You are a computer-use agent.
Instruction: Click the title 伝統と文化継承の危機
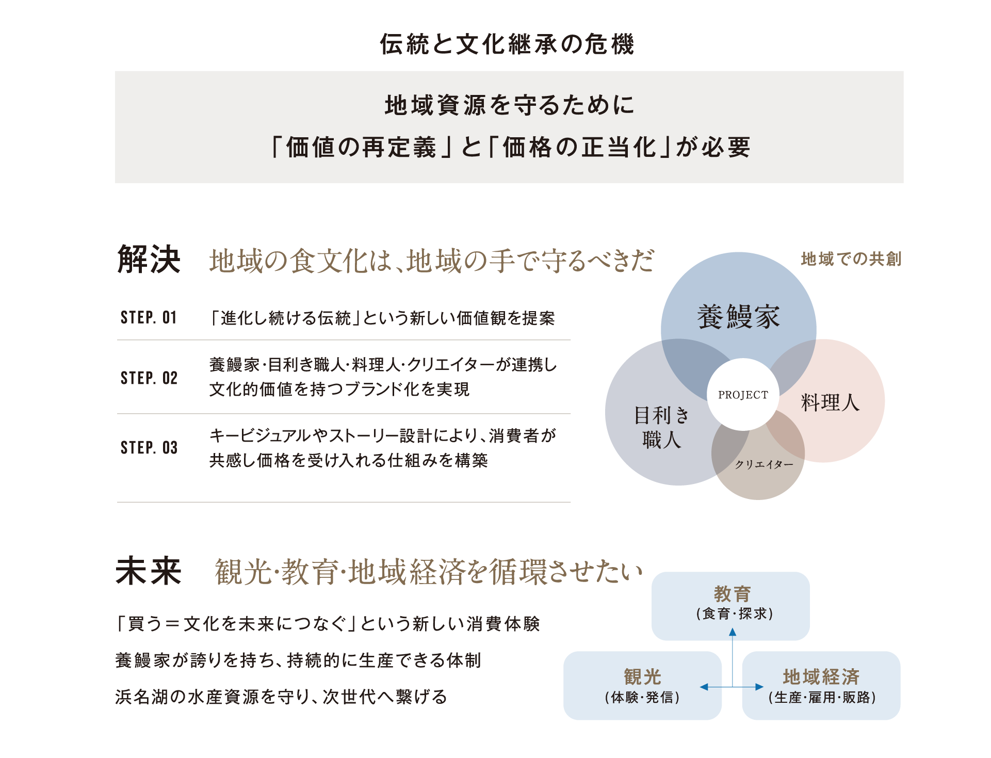click(x=507, y=44)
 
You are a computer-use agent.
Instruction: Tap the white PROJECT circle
click(x=743, y=395)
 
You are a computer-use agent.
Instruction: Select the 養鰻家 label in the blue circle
click(x=738, y=316)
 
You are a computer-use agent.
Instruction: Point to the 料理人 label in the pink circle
click(x=830, y=402)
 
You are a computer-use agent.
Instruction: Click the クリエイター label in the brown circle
click(x=764, y=464)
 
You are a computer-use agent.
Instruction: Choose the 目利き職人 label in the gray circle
click(x=661, y=427)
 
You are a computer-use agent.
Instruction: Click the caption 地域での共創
click(x=851, y=259)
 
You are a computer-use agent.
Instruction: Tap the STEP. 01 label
click(x=149, y=317)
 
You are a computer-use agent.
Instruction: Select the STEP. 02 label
click(x=149, y=378)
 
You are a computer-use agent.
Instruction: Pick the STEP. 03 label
click(x=149, y=447)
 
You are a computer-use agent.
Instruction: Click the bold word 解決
click(x=149, y=259)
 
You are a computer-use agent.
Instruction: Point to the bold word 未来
click(x=149, y=571)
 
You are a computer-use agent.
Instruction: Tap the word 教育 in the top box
click(x=733, y=594)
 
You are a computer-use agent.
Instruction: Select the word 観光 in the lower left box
click(x=642, y=676)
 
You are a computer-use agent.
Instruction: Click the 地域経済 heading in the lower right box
click(x=821, y=676)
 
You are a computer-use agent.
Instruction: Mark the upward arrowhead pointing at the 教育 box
click(x=733, y=632)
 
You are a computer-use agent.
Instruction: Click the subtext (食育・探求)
click(x=734, y=614)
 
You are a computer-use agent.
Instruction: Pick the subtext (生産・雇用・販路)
click(x=822, y=698)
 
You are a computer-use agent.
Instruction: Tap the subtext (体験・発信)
click(x=642, y=698)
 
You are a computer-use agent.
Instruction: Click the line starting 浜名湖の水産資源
click(x=281, y=697)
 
